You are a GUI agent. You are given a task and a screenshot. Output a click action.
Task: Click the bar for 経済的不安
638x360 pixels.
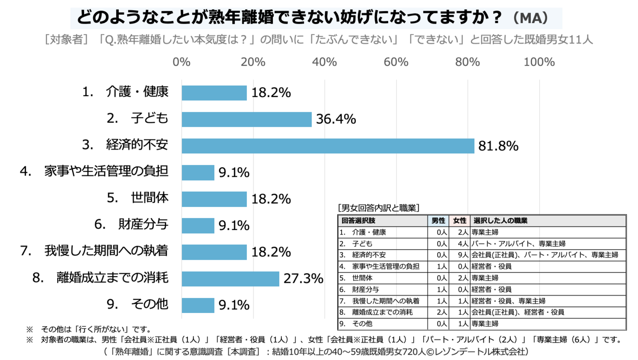(328, 146)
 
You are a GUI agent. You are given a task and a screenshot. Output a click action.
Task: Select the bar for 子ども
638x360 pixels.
(246, 119)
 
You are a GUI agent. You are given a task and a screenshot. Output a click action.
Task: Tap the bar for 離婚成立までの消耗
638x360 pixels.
(230, 279)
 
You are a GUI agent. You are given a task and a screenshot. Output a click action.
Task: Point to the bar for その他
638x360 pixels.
(198, 305)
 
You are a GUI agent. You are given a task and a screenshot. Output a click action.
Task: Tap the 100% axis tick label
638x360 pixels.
(539, 62)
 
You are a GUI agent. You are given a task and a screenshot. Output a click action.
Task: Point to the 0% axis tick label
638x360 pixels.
(181, 62)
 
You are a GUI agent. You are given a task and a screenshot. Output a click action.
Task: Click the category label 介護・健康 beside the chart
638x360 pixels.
(137, 92)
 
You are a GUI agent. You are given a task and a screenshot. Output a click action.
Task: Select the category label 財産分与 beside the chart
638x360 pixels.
(143, 225)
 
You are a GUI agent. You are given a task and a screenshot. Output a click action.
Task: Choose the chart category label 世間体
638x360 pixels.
(149, 198)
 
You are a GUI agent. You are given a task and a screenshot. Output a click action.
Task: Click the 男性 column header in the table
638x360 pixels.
(439, 221)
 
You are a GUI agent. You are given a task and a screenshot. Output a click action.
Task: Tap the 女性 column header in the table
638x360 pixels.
(459, 221)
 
